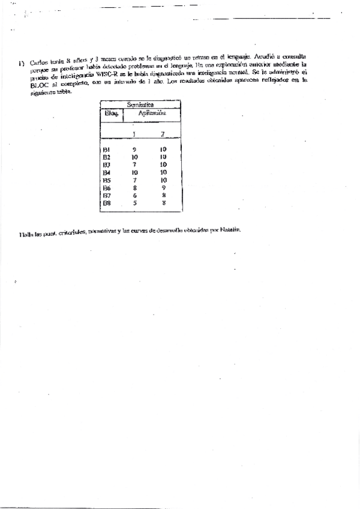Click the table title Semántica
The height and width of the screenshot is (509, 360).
tap(142, 104)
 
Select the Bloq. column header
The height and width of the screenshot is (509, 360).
tap(111, 113)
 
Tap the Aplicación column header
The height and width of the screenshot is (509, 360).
tap(152, 113)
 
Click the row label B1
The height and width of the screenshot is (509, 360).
tap(106, 149)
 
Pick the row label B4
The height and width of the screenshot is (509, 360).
tap(106, 172)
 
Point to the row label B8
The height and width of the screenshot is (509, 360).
tap(106, 203)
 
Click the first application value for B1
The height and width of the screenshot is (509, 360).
tap(135, 149)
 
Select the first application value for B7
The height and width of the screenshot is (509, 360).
tap(135, 195)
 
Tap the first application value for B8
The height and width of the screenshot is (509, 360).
tap(135, 203)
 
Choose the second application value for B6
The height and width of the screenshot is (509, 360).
tap(163, 187)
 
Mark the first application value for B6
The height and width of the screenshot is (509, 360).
tap(135, 187)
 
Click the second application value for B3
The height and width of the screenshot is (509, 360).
tap(163, 164)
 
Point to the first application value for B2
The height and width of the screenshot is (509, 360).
tap(135, 157)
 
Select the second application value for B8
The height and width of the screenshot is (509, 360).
tap(163, 203)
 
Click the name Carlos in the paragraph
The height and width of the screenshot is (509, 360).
tap(37, 62)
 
